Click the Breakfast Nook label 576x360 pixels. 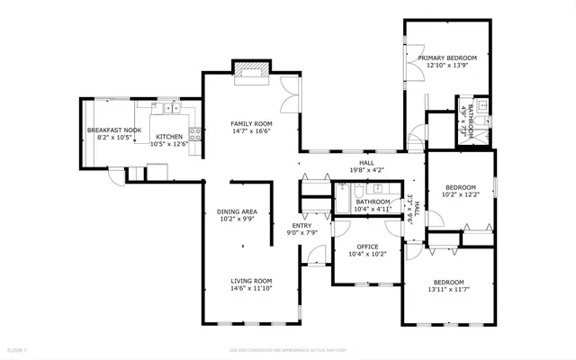(x=114, y=130)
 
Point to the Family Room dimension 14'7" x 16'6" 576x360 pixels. (x=251, y=130)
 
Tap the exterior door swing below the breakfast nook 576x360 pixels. (x=116, y=175)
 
